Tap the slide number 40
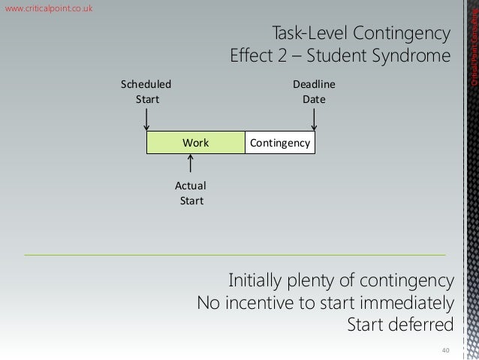click(x=445, y=349)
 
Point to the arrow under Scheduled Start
click(x=146, y=118)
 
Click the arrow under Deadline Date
click(x=314, y=118)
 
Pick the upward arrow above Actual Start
click(x=191, y=164)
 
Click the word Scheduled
click(x=146, y=84)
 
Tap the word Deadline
click(x=314, y=84)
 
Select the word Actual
click(x=191, y=186)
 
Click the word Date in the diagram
click(x=314, y=98)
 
